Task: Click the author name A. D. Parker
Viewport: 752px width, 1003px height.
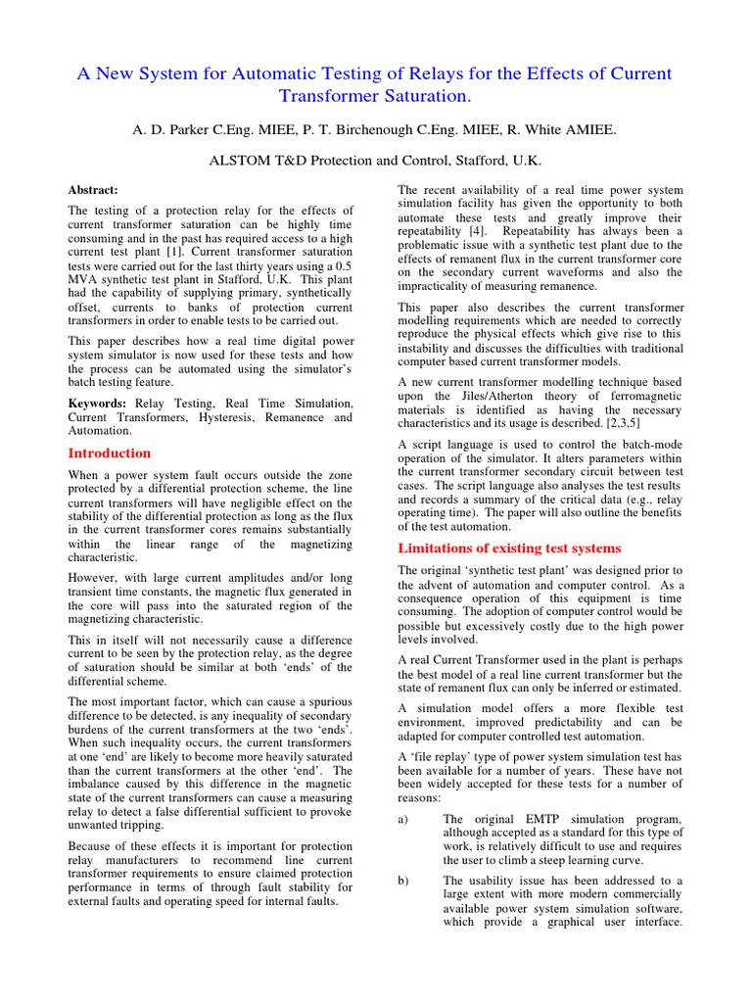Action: point(176,128)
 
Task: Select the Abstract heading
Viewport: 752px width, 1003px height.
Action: point(93,190)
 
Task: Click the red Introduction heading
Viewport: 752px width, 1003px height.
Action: point(109,454)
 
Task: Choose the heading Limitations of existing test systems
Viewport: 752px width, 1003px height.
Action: point(508,549)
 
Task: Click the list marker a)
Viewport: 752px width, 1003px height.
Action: point(403,819)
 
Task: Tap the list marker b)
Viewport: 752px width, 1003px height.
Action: point(403,881)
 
